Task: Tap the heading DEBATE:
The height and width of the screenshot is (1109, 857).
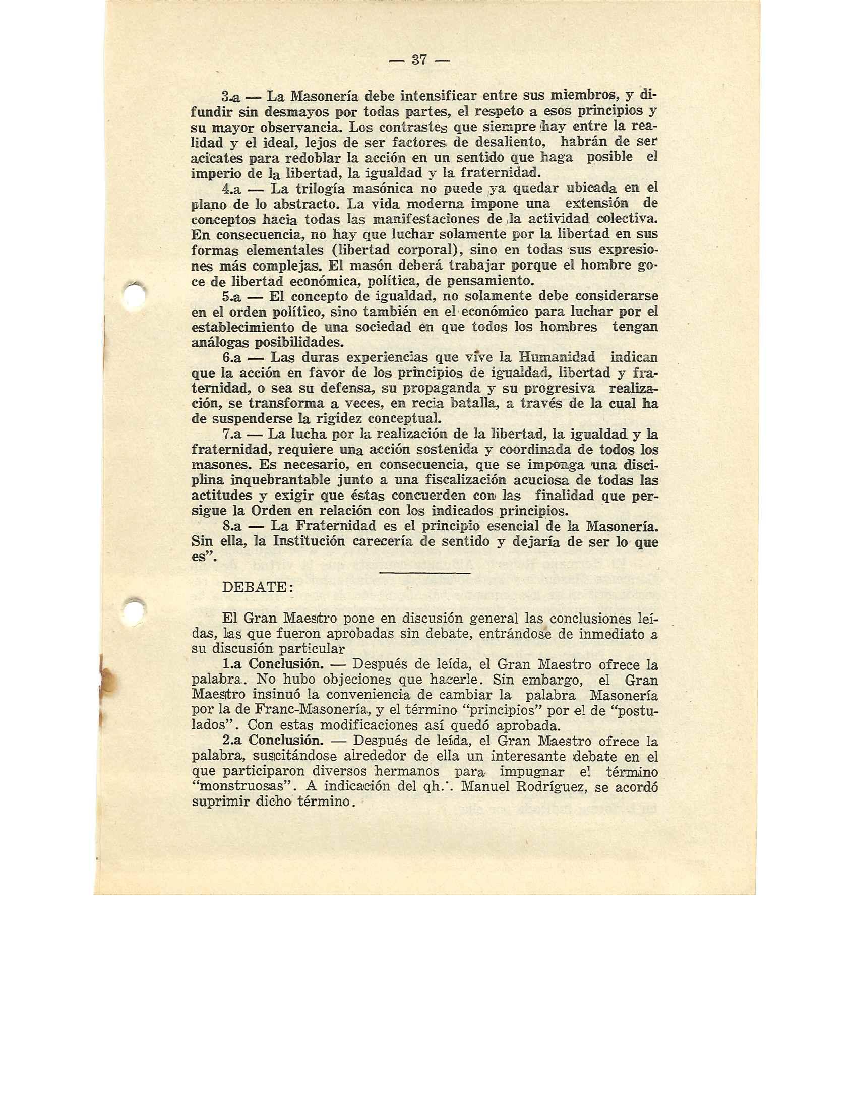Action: point(258,587)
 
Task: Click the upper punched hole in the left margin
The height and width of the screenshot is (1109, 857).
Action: point(136,294)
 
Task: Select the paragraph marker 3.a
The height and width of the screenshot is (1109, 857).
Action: point(232,96)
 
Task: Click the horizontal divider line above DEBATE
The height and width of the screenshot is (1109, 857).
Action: point(424,573)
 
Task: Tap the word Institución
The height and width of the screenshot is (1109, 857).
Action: point(309,542)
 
